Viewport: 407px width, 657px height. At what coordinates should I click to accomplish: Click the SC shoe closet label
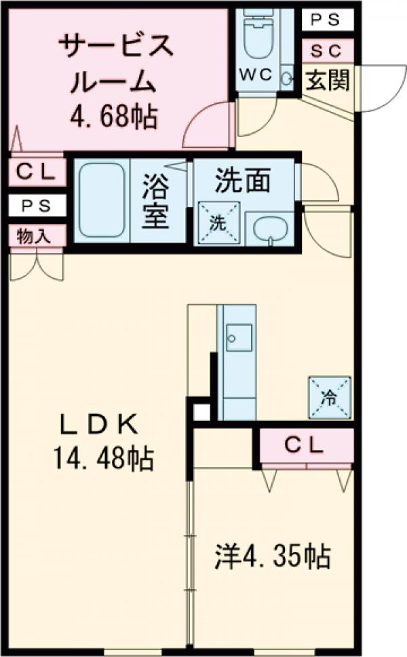[328, 50]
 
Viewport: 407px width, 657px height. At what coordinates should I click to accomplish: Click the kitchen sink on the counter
[238, 337]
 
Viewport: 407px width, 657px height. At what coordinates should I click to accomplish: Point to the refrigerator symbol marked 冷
[330, 397]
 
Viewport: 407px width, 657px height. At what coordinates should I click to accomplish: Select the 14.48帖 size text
[102, 459]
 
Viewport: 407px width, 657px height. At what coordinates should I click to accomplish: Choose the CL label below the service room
[37, 172]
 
